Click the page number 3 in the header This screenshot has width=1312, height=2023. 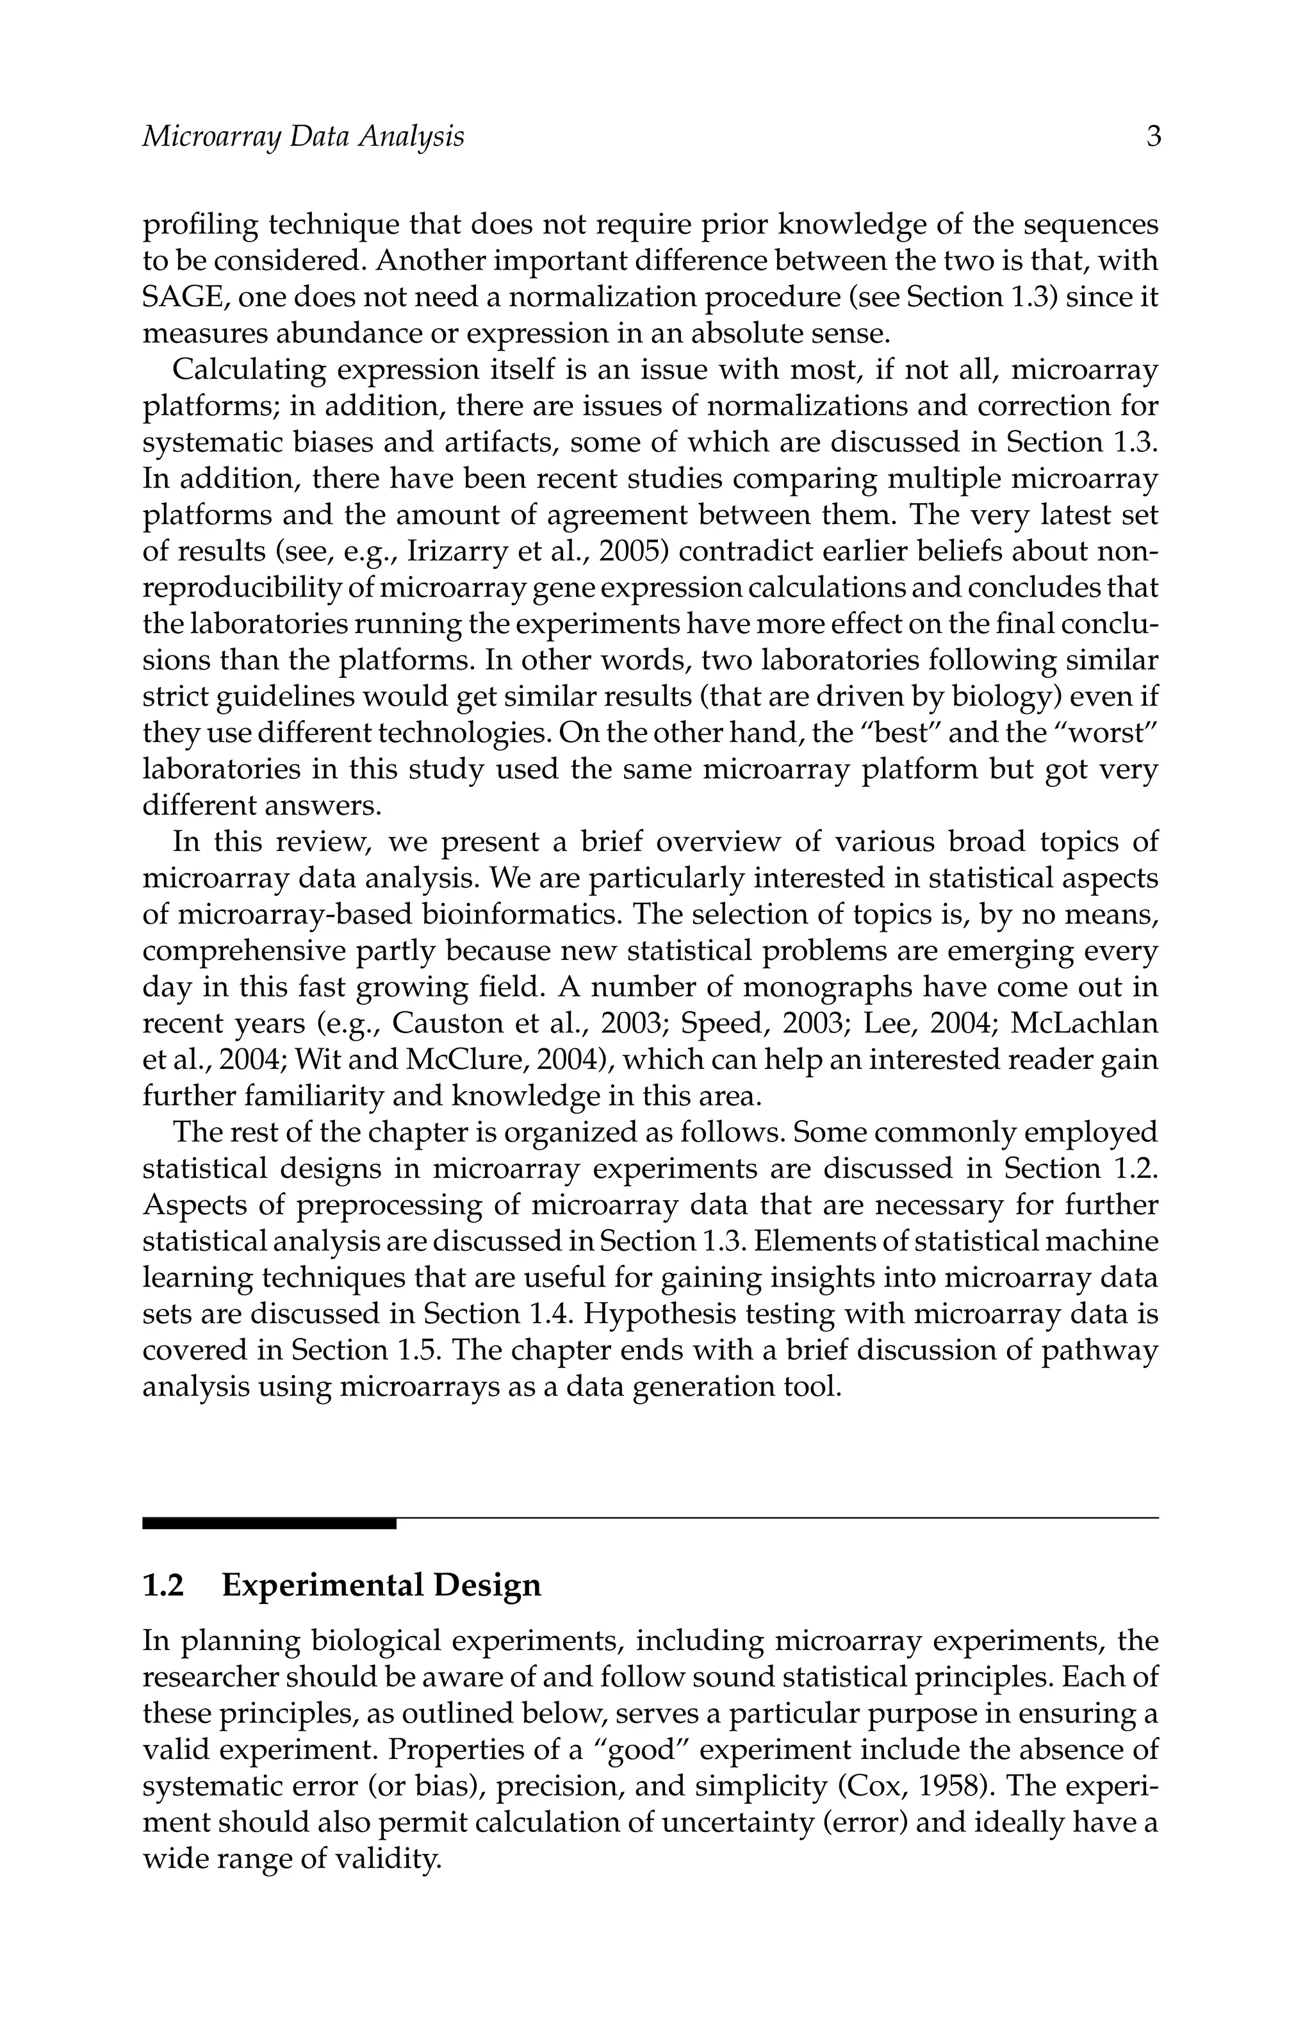tap(1153, 137)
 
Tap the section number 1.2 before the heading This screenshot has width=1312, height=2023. tap(163, 1585)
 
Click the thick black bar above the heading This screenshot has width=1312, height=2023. tap(268, 1524)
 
